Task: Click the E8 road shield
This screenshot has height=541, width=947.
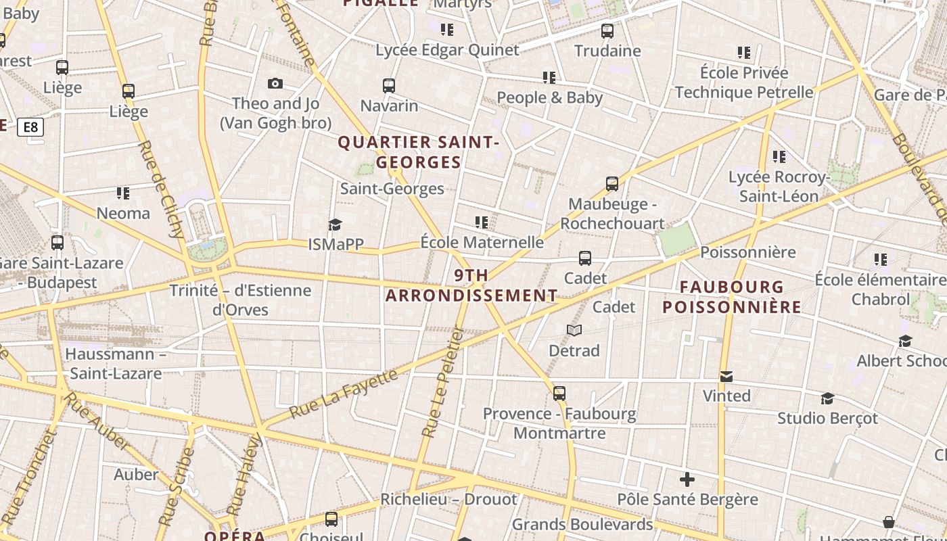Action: point(30,127)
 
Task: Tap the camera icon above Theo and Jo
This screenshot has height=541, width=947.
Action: point(275,83)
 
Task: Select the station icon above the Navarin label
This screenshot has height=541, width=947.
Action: point(389,86)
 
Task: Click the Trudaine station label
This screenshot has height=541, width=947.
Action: point(607,51)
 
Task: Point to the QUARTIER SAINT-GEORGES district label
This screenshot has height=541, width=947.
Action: point(418,152)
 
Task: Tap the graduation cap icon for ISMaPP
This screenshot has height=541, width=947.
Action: point(335,225)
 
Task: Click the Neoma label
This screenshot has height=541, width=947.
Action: point(123,213)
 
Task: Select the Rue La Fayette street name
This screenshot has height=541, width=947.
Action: point(344,393)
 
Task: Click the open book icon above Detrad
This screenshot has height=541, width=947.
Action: point(574,330)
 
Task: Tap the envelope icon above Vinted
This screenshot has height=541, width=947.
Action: point(726,376)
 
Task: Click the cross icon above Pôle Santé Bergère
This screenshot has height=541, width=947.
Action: point(687,479)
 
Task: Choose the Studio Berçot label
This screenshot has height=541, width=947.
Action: point(827,418)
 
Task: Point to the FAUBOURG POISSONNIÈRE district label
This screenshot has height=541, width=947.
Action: point(732,297)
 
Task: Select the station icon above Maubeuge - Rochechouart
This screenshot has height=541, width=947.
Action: point(612,183)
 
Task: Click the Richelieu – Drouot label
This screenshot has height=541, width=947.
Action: point(448,499)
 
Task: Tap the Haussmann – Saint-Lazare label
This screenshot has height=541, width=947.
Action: point(116,363)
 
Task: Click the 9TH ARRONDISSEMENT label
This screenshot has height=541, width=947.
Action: point(471,285)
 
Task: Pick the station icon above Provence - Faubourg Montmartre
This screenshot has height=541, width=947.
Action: point(559,393)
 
